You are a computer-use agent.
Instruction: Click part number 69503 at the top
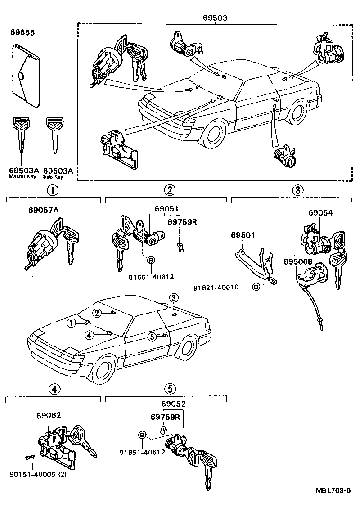click(x=215, y=18)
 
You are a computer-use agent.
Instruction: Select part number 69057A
click(x=43, y=210)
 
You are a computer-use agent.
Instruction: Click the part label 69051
click(x=167, y=209)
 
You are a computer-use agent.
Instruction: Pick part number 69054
click(x=320, y=213)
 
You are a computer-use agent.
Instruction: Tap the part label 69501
click(x=243, y=235)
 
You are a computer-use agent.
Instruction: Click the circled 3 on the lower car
click(x=174, y=297)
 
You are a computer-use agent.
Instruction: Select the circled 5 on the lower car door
click(x=152, y=336)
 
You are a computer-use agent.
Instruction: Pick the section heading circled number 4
click(x=53, y=389)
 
